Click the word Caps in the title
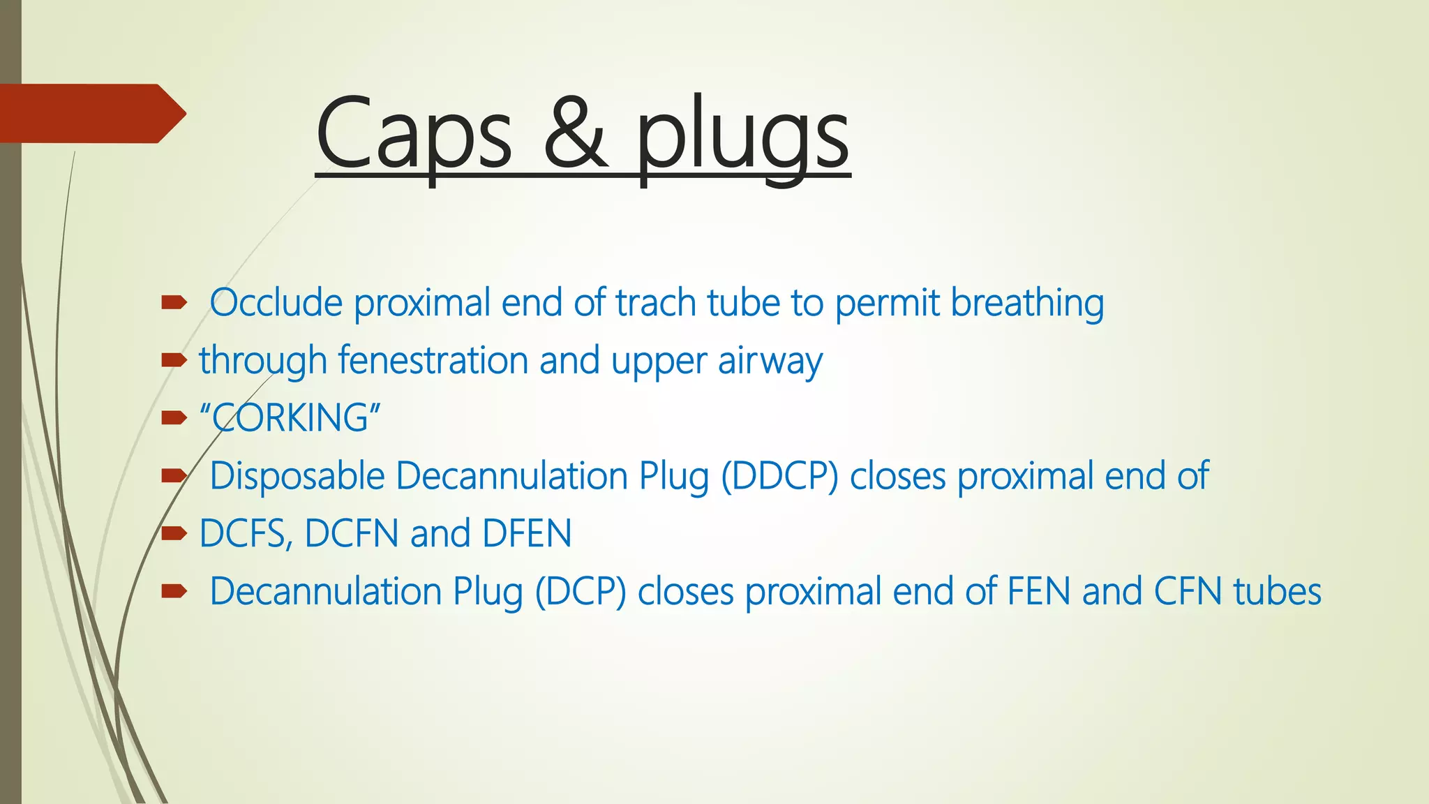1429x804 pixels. [x=414, y=134]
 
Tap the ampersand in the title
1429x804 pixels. [x=576, y=134]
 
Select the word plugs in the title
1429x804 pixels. [x=742, y=136]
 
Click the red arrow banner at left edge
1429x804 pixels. [x=91, y=114]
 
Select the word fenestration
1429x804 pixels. [x=433, y=361]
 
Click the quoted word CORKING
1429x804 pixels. [x=290, y=418]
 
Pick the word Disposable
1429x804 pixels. [x=297, y=476]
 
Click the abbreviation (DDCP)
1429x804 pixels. [x=779, y=477]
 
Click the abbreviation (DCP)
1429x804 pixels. [x=581, y=592]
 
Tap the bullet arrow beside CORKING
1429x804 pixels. [x=174, y=418]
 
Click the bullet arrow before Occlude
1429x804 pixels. [x=174, y=303]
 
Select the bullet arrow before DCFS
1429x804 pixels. [x=174, y=534]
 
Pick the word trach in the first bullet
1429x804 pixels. [x=655, y=303]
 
